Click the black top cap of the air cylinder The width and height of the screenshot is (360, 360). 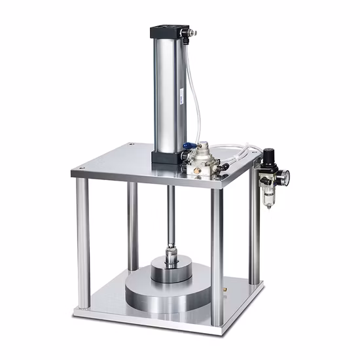click(x=172, y=31)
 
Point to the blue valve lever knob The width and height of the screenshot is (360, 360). click(x=187, y=147)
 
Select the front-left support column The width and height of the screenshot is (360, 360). click(x=83, y=242)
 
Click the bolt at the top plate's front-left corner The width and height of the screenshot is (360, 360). click(x=81, y=171)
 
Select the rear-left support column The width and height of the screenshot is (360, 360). click(x=133, y=223)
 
